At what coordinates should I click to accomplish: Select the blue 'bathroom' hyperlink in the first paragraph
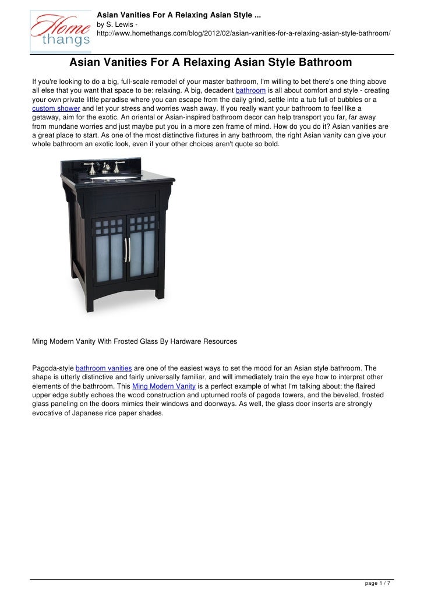click(x=250, y=91)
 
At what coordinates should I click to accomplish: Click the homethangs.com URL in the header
click(x=243, y=34)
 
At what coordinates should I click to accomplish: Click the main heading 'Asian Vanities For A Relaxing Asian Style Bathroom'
click(x=211, y=62)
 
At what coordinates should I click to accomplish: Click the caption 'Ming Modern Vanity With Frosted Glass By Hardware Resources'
click(x=135, y=341)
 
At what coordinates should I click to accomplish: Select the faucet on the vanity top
click(x=109, y=168)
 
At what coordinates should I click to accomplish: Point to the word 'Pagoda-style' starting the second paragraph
click(x=52, y=368)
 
